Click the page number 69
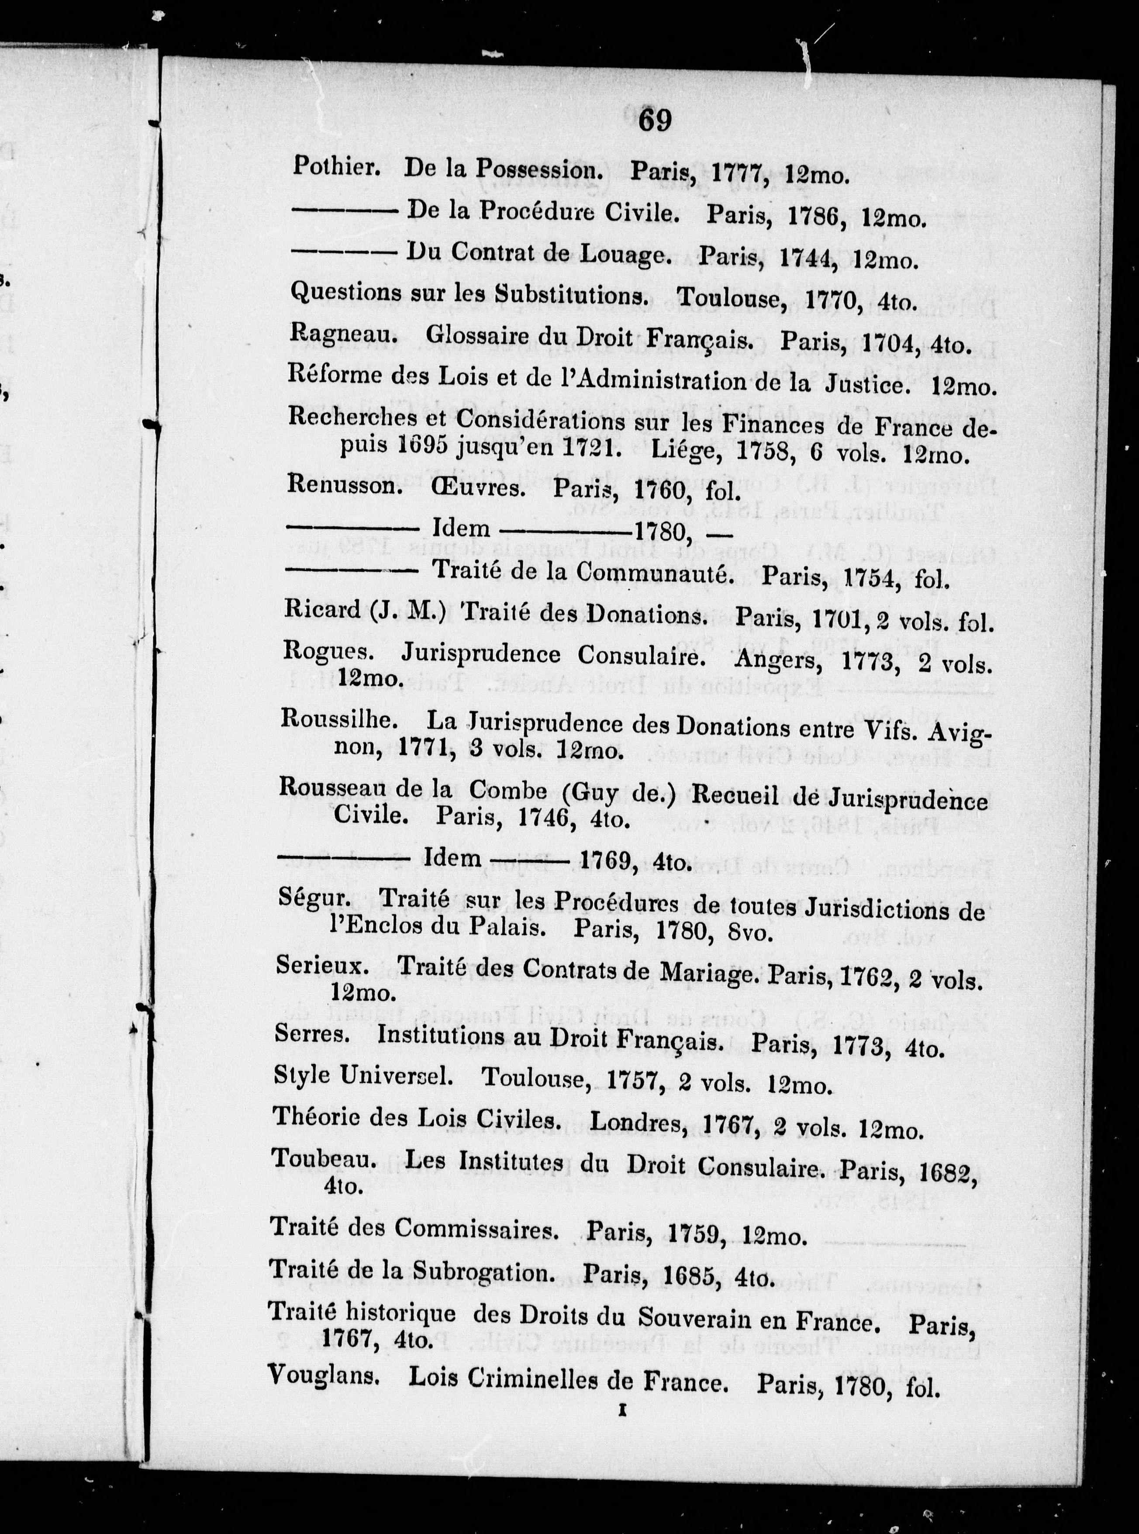click(x=654, y=120)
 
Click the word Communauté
click(x=653, y=574)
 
